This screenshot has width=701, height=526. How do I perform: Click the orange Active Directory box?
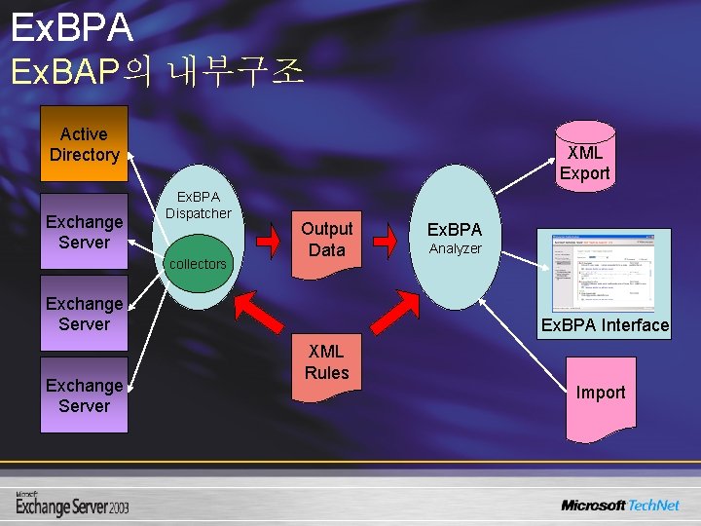point(84,144)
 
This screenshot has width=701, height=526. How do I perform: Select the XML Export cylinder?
point(584,157)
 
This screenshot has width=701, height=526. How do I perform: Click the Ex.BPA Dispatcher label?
point(198,206)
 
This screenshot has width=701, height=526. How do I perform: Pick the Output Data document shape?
point(326,240)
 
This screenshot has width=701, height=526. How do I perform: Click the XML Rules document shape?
point(326,365)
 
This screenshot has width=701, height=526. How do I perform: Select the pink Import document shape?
point(600,393)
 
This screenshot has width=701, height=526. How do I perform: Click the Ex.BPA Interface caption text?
point(605,325)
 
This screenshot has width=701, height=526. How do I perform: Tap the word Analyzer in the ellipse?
point(456,249)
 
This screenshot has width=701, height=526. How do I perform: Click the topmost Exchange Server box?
point(84,232)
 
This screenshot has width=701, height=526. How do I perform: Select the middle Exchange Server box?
point(84,314)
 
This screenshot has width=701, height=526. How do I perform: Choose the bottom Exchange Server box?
point(84,395)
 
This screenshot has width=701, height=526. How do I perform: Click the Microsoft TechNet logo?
point(619,505)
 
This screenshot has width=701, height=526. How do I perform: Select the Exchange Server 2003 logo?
point(72,504)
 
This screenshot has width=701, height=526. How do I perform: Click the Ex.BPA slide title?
point(72,27)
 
